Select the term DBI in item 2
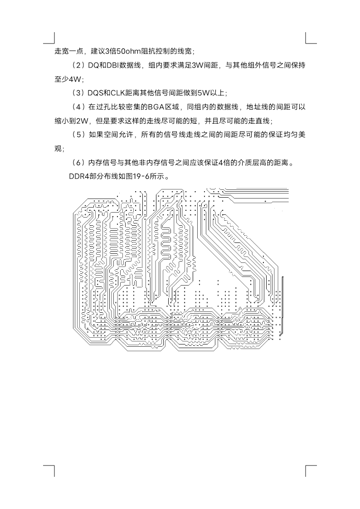click(x=112, y=65)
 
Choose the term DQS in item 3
click(x=95, y=93)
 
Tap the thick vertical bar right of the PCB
click(x=283, y=305)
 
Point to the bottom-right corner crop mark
click(x=311, y=470)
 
